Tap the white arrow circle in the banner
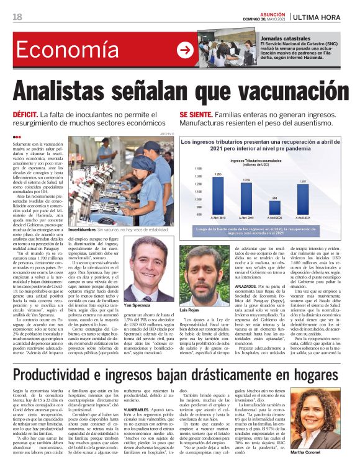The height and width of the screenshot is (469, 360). tap(185, 50)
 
